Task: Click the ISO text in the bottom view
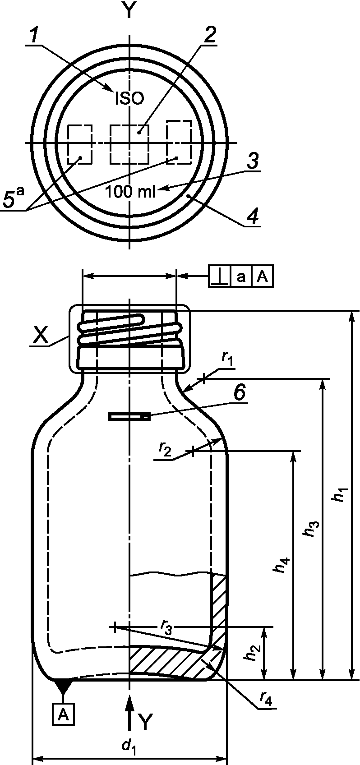(x=129, y=99)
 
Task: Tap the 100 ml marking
(x=130, y=192)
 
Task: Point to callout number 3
(x=252, y=161)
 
